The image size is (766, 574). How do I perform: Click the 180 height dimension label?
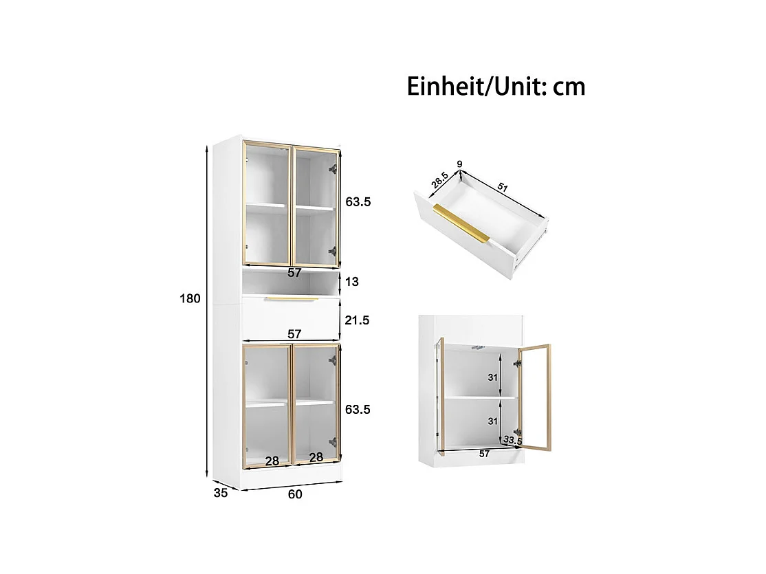[x=190, y=299]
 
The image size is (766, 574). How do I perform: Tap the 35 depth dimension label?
[x=221, y=492]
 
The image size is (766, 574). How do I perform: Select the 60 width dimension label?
[x=295, y=494]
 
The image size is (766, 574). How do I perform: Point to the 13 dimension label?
[x=352, y=282]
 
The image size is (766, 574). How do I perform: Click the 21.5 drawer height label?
[x=357, y=320]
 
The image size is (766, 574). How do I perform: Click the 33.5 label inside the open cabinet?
[x=513, y=439]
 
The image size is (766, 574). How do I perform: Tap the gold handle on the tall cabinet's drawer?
[x=291, y=299]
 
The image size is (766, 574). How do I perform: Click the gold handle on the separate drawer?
[x=461, y=223]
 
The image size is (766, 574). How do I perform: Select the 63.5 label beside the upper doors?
[x=358, y=202]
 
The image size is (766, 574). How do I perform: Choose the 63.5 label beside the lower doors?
[x=358, y=410]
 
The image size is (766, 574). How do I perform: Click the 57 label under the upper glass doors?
[x=294, y=273]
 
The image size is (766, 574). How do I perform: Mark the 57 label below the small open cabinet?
[x=483, y=454]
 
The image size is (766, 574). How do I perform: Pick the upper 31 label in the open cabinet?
[x=492, y=377]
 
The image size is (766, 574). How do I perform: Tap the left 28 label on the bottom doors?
[x=272, y=461]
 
